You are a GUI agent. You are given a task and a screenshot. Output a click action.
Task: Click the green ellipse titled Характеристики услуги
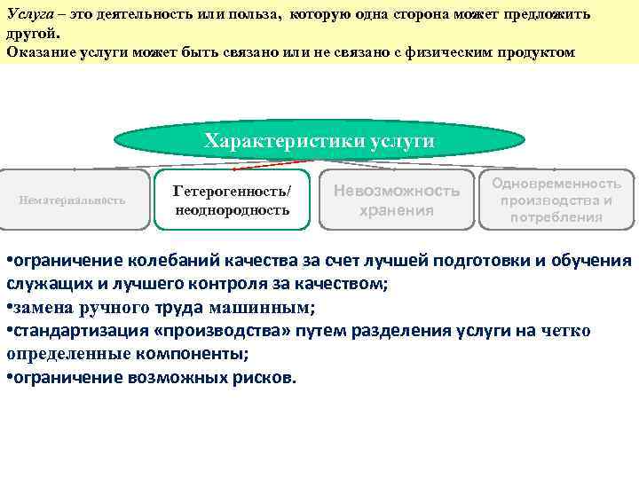(319, 141)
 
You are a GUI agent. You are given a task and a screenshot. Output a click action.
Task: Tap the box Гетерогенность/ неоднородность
(231, 200)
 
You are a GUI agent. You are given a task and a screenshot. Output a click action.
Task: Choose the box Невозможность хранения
(396, 200)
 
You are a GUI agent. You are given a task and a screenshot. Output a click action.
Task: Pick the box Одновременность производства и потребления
(556, 200)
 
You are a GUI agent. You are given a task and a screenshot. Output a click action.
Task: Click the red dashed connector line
(266, 161)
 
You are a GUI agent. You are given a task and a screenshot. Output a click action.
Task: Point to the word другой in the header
(31, 34)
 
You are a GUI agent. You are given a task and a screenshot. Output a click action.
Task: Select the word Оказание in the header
(36, 51)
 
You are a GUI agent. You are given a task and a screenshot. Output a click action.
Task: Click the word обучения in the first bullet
(592, 260)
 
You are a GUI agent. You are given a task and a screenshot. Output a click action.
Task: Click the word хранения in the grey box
(396, 210)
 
